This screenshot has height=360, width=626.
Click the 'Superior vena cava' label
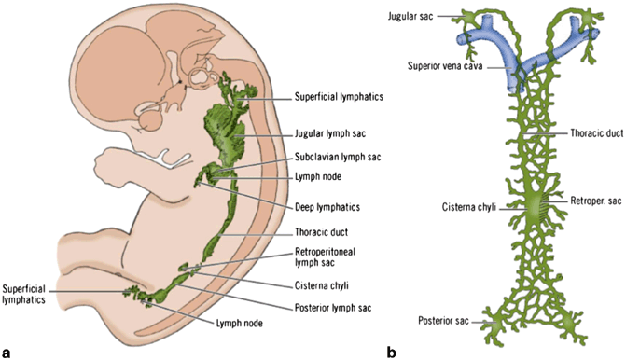[444, 65]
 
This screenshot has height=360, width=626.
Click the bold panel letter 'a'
[7, 352]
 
